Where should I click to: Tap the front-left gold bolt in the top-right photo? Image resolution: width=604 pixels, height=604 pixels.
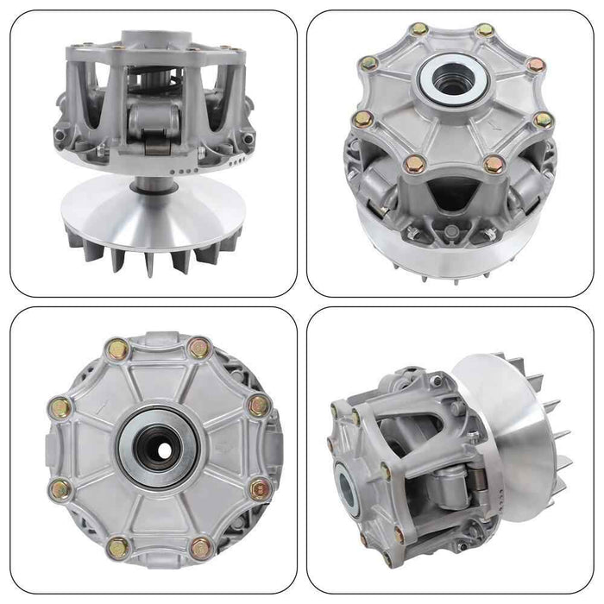pos(412,160)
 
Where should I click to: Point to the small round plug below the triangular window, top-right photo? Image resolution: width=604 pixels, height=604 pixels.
pos(450,230)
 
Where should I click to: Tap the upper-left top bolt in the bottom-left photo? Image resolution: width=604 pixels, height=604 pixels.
pos(117,348)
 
